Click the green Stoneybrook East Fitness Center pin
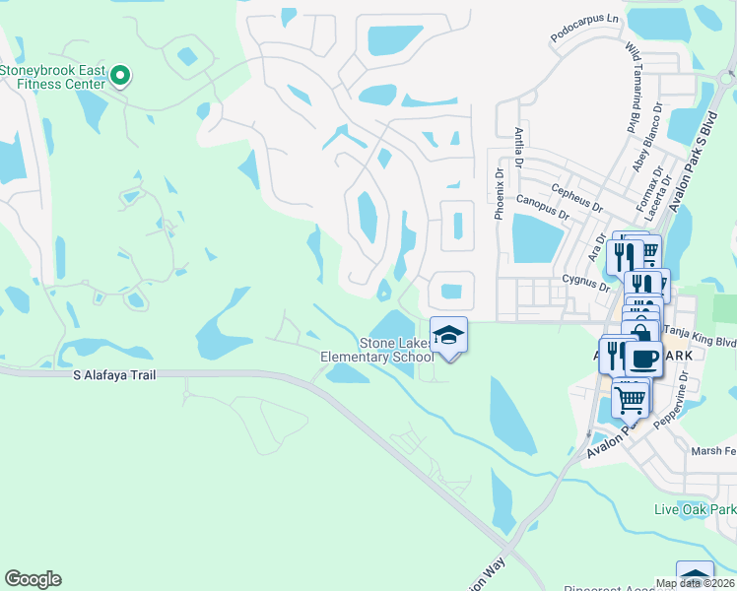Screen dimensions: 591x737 pyautogui.click(x=120, y=75)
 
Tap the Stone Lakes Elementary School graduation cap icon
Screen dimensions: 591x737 pyautogui.click(x=448, y=335)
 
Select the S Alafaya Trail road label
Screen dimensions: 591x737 pyautogui.click(x=114, y=375)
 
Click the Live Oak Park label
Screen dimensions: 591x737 pyautogui.click(x=695, y=509)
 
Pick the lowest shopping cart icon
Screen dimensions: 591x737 pyautogui.click(x=631, y=399)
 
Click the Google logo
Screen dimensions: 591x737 pyautogui.click(x=33, y=579)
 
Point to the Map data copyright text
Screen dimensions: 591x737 pyautogui.click(x=696, y=583)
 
